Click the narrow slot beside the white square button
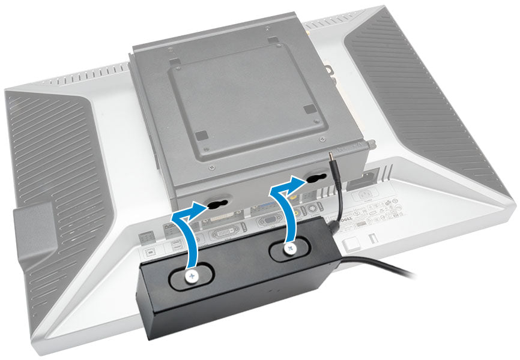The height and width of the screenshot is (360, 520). click(372, 236)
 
